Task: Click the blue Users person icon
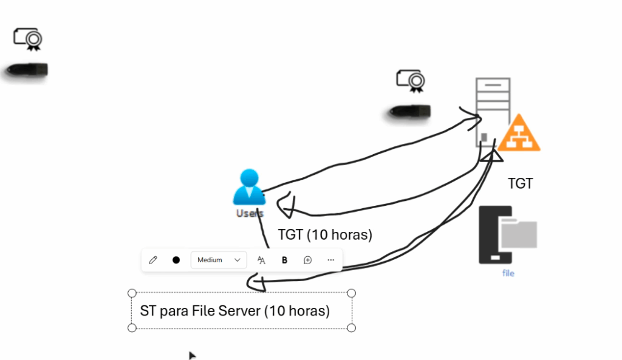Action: (x=248, y=188)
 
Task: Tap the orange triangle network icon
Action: (x=519, y=134)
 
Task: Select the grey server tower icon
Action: (x=492, y=112)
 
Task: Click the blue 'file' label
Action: (x=508, y=273)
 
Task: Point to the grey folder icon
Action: (x=519, y=235)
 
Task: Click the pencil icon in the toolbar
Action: (x=153, y=260)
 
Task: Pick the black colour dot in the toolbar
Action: (x=176, y=260)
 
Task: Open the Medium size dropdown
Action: (x=219, y=260)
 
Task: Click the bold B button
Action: (x=284, y=260)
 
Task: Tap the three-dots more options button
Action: (x=330, y=260)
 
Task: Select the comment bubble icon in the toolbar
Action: (x=308, y=260)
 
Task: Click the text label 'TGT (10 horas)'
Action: (x=325, y=234)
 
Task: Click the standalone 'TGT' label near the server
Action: (x=520, y=183)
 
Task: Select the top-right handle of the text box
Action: (x=351, y=293)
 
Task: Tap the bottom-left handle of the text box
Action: (x=132, y=328)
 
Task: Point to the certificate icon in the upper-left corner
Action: (x=28, y=39)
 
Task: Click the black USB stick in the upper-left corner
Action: (x=27, y=70)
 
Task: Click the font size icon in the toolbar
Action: (x=261, y=260)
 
